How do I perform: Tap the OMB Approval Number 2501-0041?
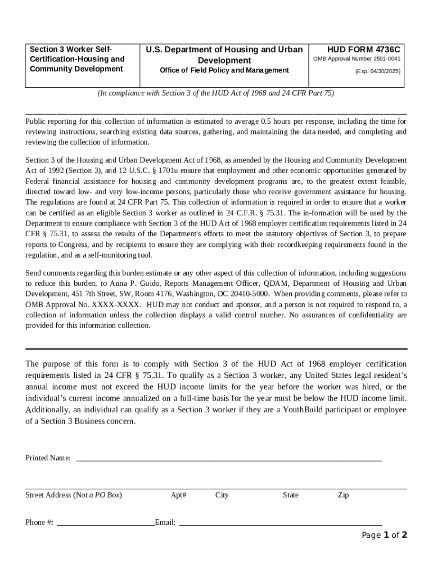pos(357,59)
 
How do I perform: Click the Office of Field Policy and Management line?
pos(224,70)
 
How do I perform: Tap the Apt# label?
pos(179,496)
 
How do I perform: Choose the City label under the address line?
pos(222,496)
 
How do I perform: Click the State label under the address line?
pos(291,496)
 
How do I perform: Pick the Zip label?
pos(343,496)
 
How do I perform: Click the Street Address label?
pos(74,496)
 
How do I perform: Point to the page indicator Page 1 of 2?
pos(384,535)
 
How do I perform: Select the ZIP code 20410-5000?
pos(250,294)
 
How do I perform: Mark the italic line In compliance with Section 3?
pos(216,93)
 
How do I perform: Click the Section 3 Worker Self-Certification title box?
pos(77,59)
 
